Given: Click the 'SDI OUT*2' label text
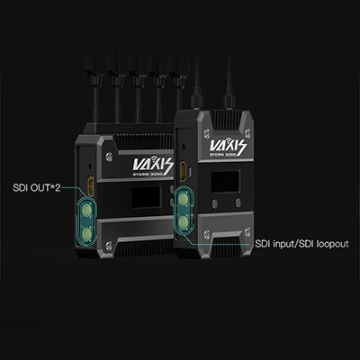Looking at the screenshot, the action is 37,188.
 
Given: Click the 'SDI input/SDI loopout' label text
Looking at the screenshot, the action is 301,244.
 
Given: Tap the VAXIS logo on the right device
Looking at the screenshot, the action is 228,147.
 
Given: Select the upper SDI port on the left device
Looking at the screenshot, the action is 87,211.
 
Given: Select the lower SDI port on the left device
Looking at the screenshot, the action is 87,234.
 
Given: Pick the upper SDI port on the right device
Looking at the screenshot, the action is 183,199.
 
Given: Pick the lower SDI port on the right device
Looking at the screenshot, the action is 183,222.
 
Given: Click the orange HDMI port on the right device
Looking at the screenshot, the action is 182,172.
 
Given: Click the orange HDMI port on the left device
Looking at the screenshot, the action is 90,186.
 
